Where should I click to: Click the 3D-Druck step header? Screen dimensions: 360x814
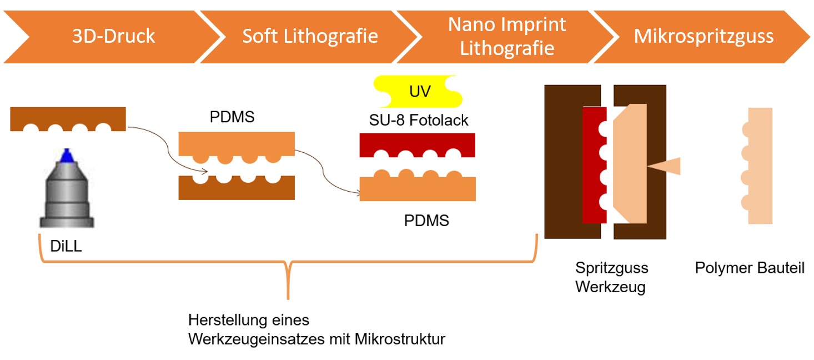(113, 37)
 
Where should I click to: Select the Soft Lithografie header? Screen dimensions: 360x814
(310, 37)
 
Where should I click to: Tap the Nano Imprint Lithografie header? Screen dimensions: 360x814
(506, 36)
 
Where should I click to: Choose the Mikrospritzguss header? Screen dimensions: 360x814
(704, 37)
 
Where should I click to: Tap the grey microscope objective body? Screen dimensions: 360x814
(67, 194)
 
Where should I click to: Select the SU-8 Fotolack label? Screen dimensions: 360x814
(419, 119)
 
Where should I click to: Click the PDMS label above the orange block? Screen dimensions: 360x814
(232, 118)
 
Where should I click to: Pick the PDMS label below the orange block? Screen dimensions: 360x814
(426, 221)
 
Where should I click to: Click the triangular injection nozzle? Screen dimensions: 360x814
(666, 166)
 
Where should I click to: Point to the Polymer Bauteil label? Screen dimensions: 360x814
(749, 268)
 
